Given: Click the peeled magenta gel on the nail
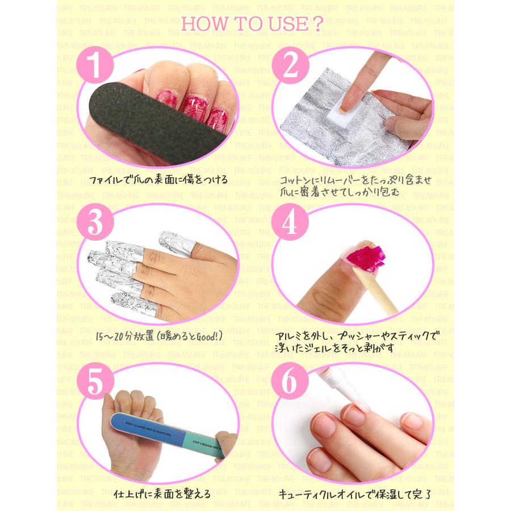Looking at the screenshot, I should tap(369, 256).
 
